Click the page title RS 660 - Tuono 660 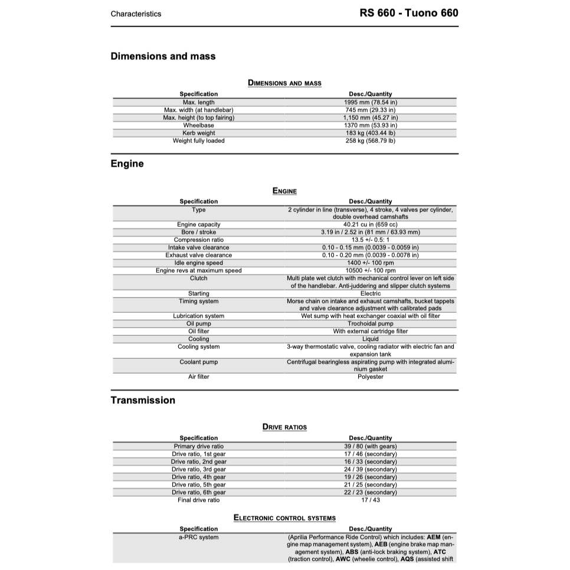click(x=408, y=13)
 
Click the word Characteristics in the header click(x=136, y=14)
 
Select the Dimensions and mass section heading click(x=163, y=57)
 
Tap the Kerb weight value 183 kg click(x=370, y=133)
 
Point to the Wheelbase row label click(x=198, y=125)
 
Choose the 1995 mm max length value click(x=370, y=102)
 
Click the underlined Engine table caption click(x=284, y=191)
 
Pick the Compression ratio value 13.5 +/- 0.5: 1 click(x=370, y=240)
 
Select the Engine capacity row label click(x=198, y=224)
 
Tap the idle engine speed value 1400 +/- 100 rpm click(x=370, y=263)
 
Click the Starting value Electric click(x=370, y=293)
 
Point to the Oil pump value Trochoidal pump click(x=370, y=323)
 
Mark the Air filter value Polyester click(x=370, y=376)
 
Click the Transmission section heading click(x=143, y=400)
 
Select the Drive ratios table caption click(x=284, y=427)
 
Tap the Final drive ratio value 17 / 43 click(x=370, y=500)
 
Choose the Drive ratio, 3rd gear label click(x=198, y=469)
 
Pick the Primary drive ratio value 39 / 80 click(x=370, y=446)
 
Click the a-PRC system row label click(x=198, y=537)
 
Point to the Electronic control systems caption click(x=284, y=518)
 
